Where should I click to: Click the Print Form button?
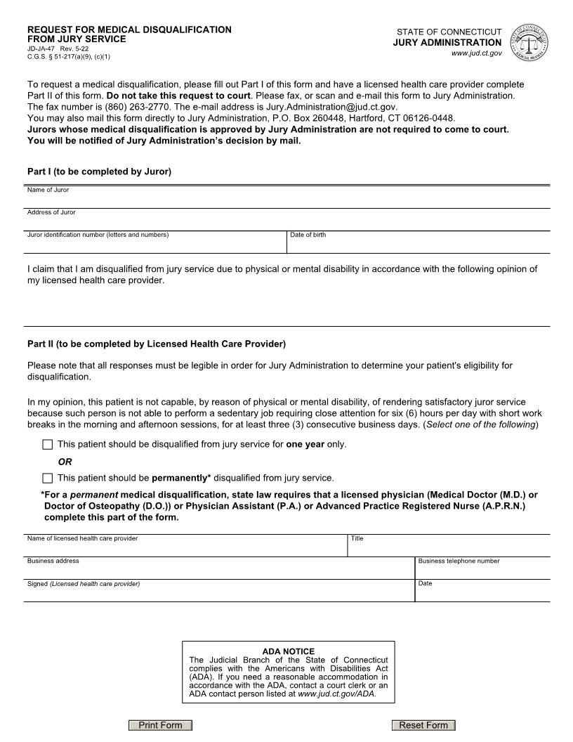(160, 725)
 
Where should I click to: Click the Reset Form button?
(423, 725)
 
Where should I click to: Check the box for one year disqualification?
(47, 445)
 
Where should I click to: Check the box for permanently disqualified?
(47, 479)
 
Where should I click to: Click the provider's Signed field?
(219, 592)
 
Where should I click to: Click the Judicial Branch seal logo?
(530, 41)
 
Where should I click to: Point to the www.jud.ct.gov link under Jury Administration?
(476, 53)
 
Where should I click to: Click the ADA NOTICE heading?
(288, 651)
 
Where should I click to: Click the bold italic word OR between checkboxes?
(65, 462)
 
